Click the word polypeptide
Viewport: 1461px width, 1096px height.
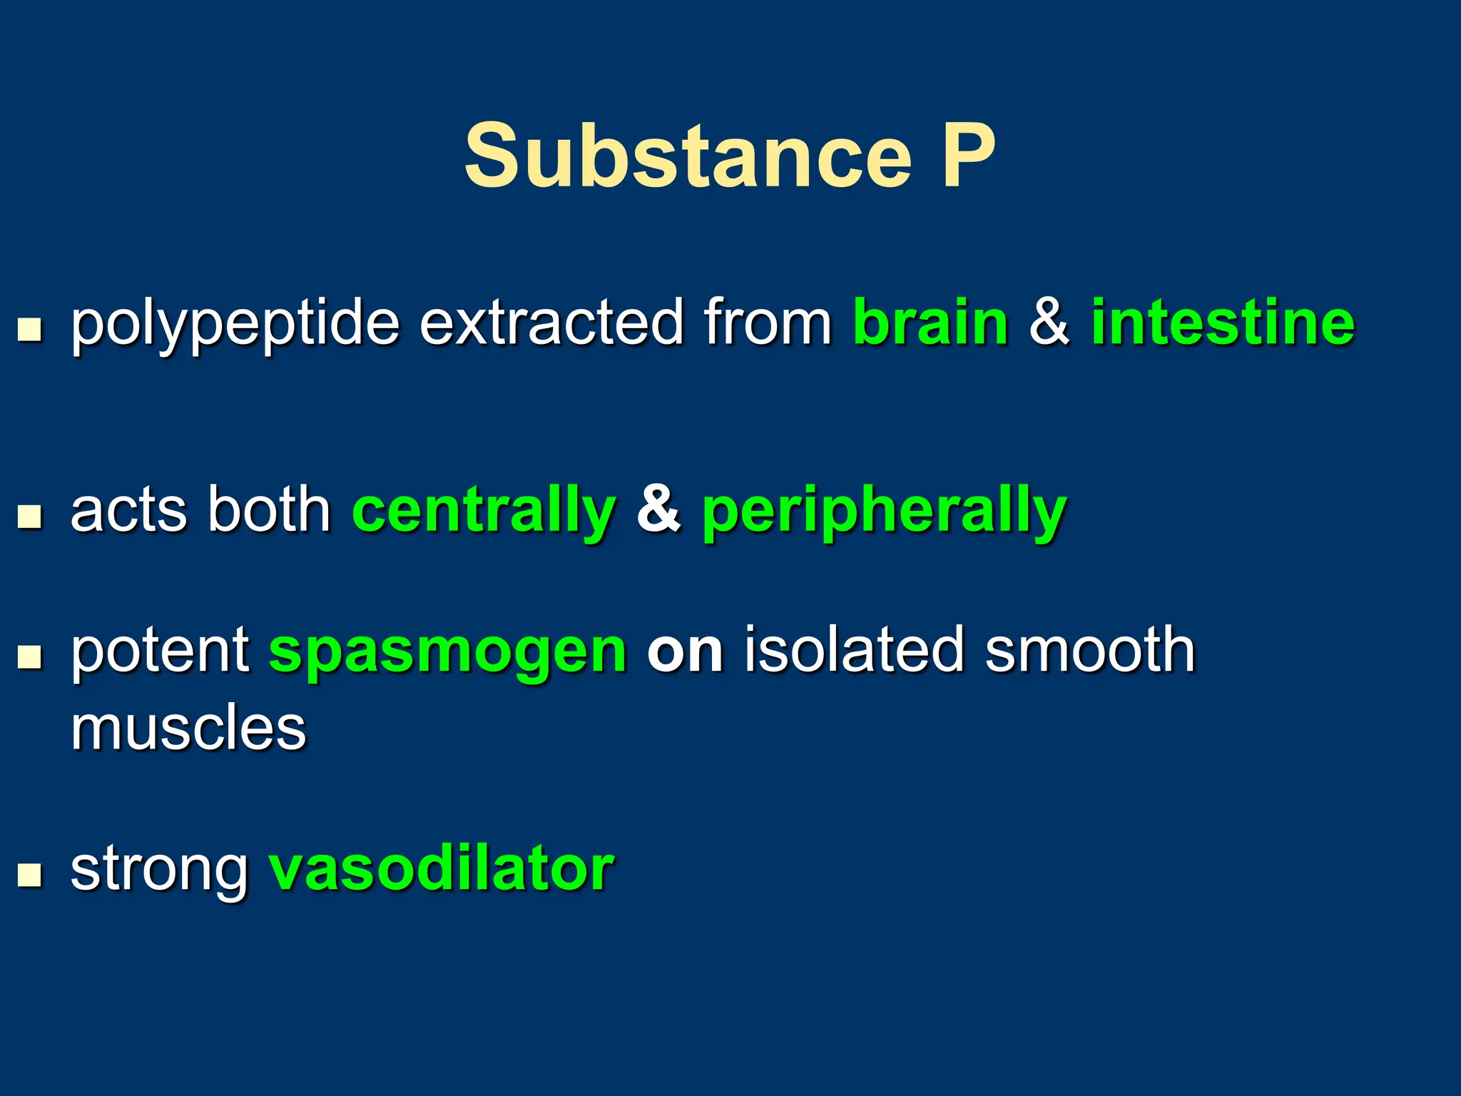pyautogui.click(x=235, y=325)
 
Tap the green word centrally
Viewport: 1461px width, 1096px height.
pyautogui.click(x=484, y=511)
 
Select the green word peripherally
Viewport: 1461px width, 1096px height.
pyautogui.click(x=884, y=511)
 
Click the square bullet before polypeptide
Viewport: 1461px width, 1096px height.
pyautogui.click(x=29, y=330)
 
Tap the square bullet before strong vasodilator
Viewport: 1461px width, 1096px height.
pyautogui.click(x=29, y=874)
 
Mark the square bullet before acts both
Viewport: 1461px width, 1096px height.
pyautogui.click(x=29, y=516)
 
